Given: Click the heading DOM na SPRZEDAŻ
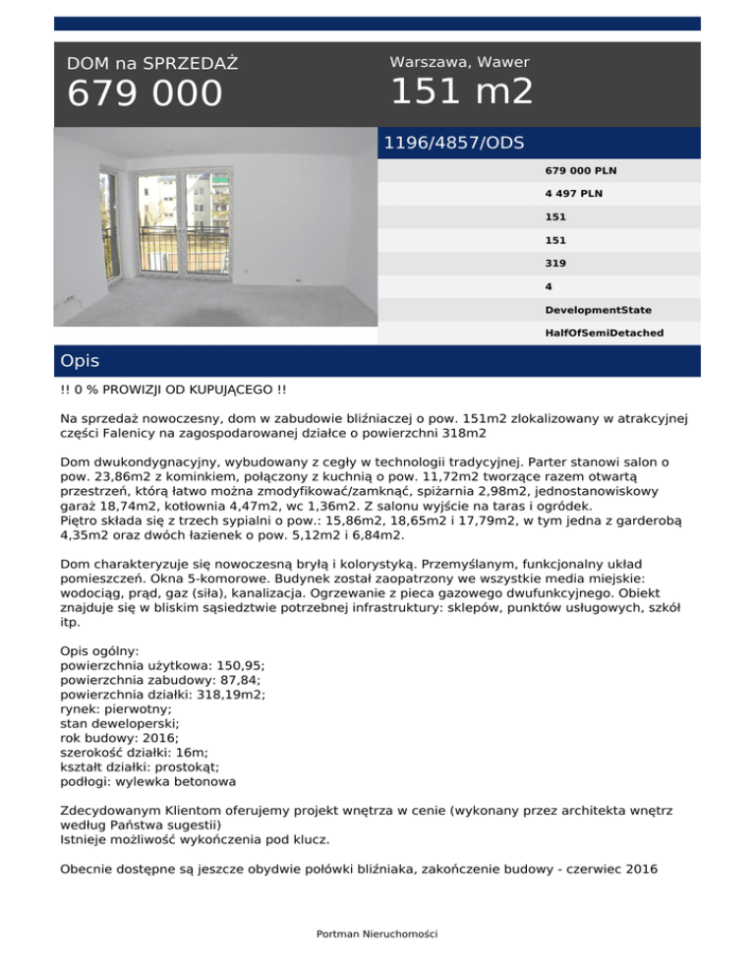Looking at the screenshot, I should click(152, 64).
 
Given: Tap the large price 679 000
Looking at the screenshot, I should click(145, 95).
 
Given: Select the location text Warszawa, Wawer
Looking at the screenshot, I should click(460, 62).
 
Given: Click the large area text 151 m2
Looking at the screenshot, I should click(462, 92).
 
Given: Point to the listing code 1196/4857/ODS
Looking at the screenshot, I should click(453, 143).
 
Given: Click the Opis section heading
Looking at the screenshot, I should click(79, 361).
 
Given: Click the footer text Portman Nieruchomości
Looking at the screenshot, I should click(377, 934).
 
